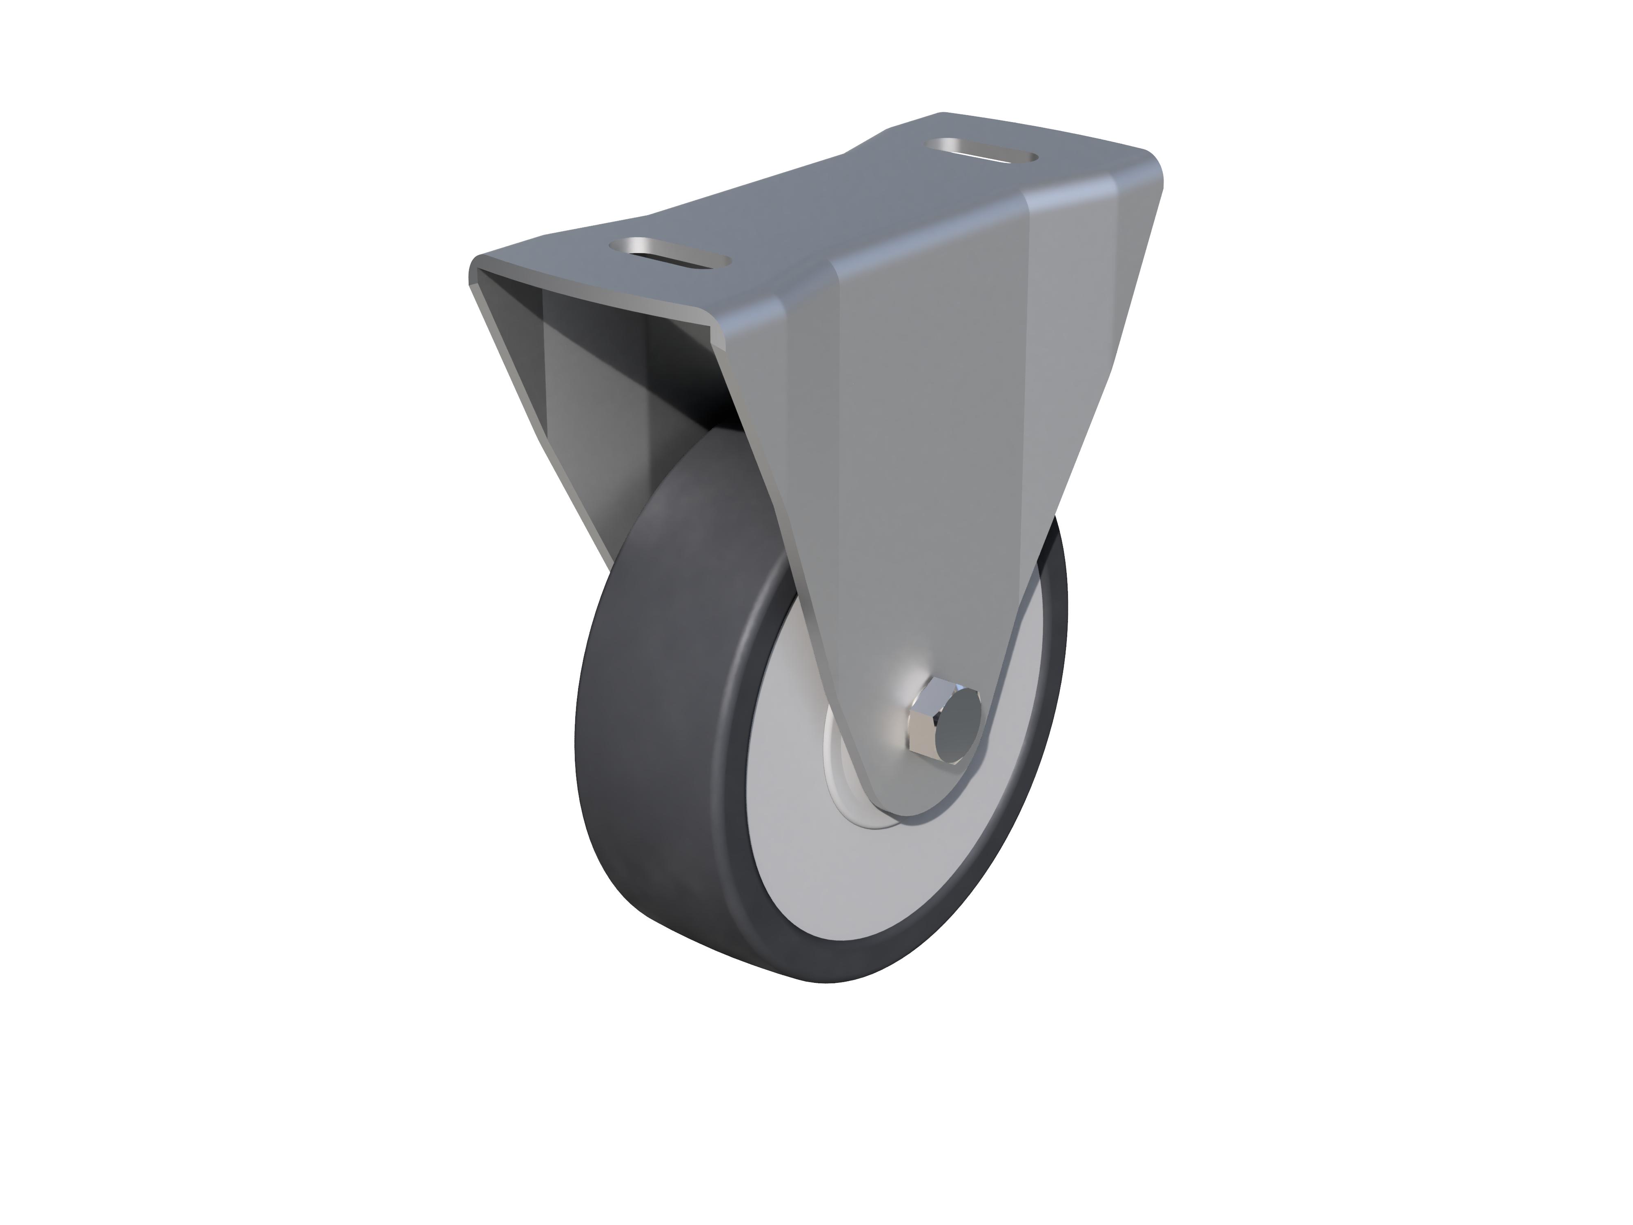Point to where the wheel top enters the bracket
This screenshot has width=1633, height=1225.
731,436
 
